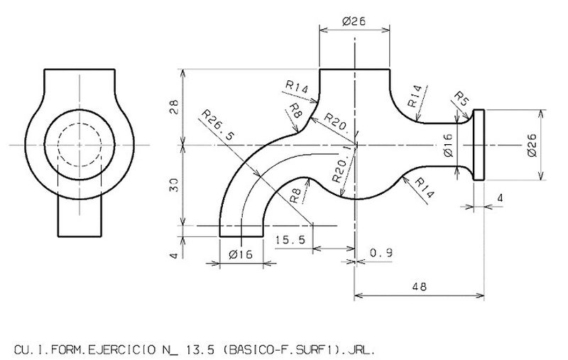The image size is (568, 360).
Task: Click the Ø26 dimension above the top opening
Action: (354, 22)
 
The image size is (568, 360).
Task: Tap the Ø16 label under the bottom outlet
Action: (241, 256)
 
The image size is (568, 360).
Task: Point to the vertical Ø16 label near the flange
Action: (448, 145)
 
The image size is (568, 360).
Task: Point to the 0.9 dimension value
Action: (381, 253)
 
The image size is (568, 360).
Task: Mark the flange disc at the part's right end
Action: (479, 146)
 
